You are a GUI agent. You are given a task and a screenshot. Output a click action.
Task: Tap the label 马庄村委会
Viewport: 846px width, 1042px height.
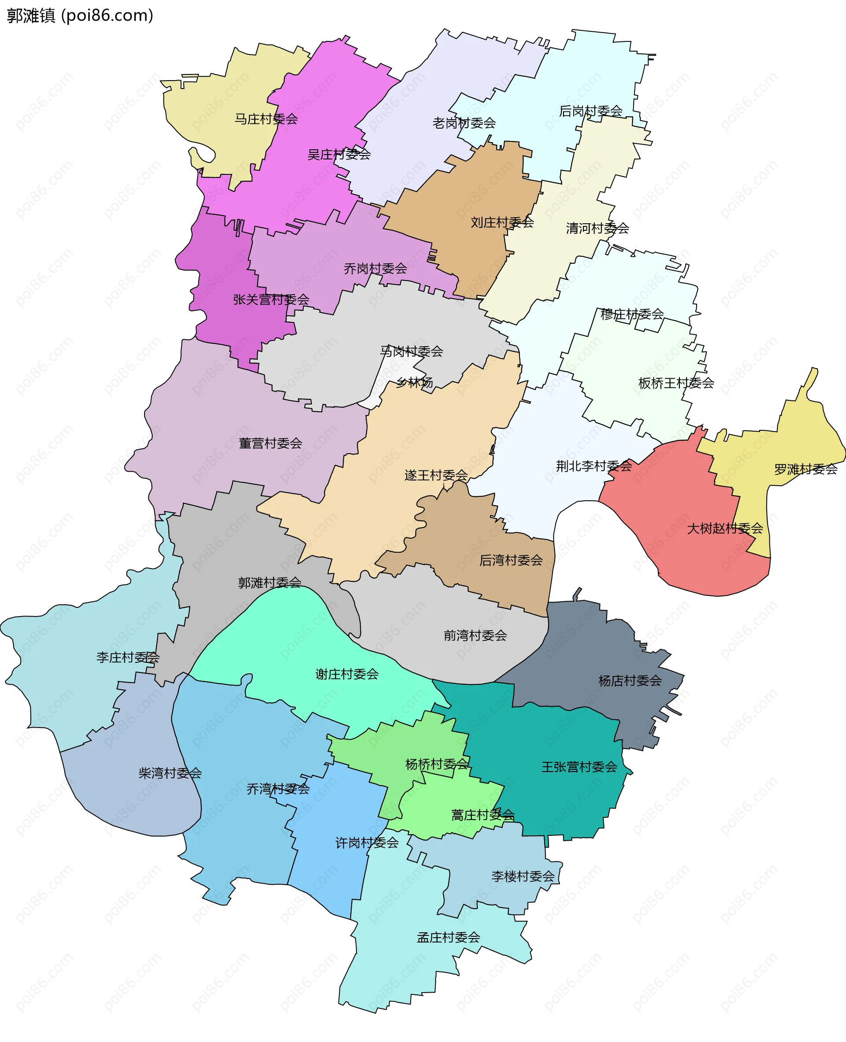click(266, 119)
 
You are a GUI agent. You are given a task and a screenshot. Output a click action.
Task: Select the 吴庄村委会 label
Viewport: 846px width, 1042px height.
click(339, 155)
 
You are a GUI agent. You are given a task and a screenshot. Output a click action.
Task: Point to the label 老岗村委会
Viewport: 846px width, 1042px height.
click(464, 123)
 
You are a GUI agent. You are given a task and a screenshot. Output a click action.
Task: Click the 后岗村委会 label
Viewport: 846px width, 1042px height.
click(590, 111)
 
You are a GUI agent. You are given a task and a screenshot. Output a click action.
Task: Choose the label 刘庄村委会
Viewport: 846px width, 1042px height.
click(502, 222)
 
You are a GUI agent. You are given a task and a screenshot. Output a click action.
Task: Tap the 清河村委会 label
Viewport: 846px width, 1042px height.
click(597, 228)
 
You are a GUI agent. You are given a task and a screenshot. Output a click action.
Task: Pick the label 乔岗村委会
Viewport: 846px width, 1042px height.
click(375, 268)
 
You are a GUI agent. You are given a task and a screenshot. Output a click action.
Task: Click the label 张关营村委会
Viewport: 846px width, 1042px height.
click(271, 299)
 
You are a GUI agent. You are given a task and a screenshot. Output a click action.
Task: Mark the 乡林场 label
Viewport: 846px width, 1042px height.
click(414, 382)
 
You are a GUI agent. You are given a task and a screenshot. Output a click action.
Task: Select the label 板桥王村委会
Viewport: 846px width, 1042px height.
click(676, 384)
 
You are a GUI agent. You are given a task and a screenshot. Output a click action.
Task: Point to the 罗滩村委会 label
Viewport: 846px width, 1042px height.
click(805, 469)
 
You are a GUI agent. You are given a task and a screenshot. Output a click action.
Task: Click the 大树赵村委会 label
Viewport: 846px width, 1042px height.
click(725, 528)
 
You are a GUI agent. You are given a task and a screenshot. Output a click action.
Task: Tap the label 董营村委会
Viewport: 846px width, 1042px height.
click(271, 443)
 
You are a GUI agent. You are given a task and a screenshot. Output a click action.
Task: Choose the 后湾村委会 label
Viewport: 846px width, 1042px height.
click(511, 560)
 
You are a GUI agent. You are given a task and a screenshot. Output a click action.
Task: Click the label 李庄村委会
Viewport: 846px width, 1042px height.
click(128, 658)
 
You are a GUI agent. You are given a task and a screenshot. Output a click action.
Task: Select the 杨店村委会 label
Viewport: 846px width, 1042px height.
click(630, 680)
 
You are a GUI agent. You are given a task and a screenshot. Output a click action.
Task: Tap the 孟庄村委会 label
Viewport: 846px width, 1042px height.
click(449, 937)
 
